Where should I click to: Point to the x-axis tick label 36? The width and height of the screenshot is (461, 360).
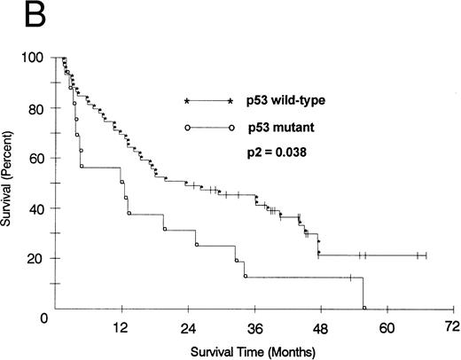point(254,326)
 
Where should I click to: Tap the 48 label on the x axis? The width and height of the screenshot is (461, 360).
point(320,326)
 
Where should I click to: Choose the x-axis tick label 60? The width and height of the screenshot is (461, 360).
point(387,326)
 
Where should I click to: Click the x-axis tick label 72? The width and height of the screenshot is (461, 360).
point(452,326)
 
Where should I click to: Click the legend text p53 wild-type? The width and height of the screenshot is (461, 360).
point(286,101)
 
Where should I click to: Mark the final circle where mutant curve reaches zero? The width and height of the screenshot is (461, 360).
point(364,308)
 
